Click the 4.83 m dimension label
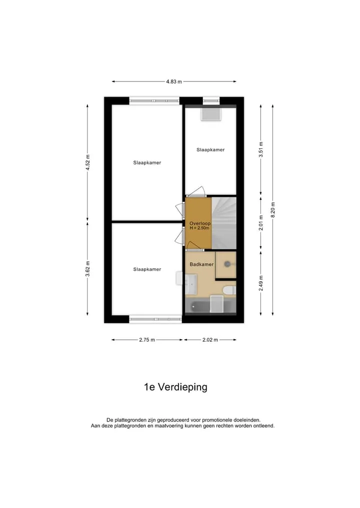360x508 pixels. pos(174,81)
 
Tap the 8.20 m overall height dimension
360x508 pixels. pos(273,210)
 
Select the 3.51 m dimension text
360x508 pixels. pos(261,150)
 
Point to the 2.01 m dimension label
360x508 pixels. pos(261,223)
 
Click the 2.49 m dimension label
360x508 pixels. pos(261,283)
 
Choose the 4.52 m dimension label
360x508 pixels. pos(87,163)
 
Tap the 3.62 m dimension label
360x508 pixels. pos(87,269)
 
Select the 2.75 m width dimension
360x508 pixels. pos(147,340)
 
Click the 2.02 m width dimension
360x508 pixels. pos(210,340)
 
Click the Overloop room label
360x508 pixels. pos(200,223)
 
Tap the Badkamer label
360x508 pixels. pos(201,264)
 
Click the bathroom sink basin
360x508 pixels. pos(190,284)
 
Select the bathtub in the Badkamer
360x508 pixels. pos(210,306)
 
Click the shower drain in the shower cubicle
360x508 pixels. pos(227,264)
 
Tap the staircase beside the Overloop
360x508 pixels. pos(224,223)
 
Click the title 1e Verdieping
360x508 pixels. pos(175,387)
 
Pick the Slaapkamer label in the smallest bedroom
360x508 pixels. pos(210,150)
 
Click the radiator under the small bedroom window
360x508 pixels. pos(211,114)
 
